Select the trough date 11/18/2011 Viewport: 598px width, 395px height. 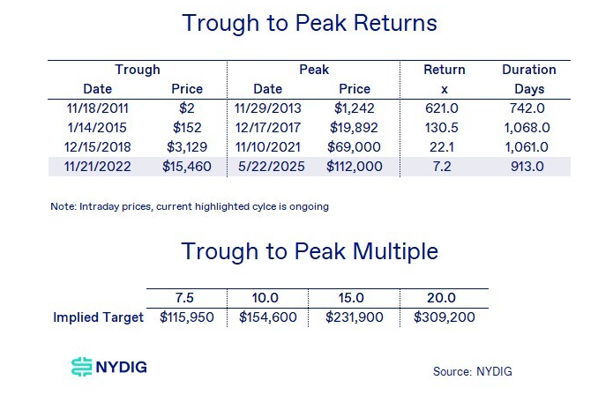(x=98, y=108)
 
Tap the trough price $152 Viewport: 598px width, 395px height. (x=186, y=127)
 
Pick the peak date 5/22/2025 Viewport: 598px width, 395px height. (x=269, y=166)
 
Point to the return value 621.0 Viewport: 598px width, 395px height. (x=445, y=108)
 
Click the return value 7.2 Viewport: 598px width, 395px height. (x=445, y=166)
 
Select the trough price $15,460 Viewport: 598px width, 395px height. (x=186, y=166)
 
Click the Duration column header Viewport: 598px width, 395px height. (x=528, y=69)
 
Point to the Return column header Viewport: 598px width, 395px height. (x=445, y=69)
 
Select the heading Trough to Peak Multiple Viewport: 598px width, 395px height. (x=310, y=251)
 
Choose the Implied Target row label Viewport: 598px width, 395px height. (x=96, y=317)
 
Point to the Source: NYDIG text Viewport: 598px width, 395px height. (x=472, y=371)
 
